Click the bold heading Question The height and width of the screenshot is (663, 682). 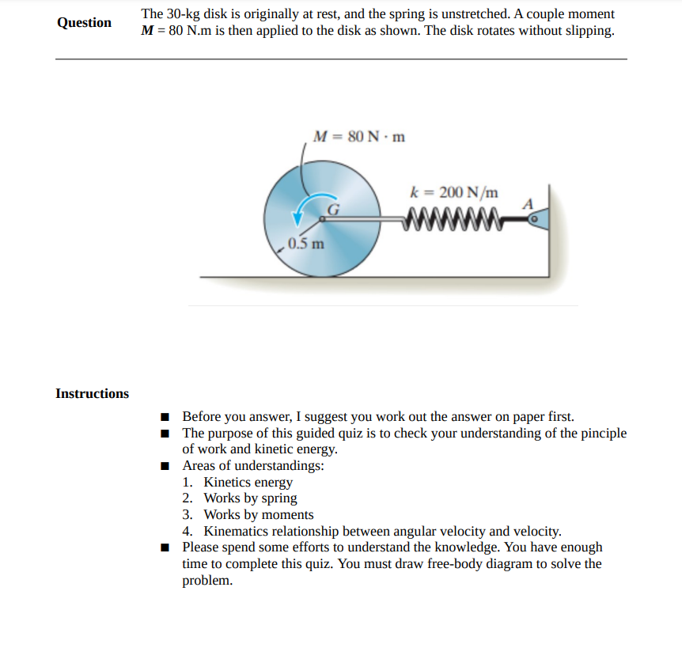click(84, 22)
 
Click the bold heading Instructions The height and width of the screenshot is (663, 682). click(92, 393)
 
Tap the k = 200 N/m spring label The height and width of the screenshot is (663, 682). click(454, 192)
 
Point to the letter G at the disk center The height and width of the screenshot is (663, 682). click(333, 210)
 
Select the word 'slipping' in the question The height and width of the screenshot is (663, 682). click(589, 32)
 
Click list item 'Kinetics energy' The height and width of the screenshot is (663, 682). click(248, 482)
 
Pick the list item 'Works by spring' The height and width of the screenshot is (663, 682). click(250, 498)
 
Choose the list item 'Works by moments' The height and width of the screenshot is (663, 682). click(258, 515)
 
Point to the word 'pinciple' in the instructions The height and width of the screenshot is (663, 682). click(600, 433)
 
